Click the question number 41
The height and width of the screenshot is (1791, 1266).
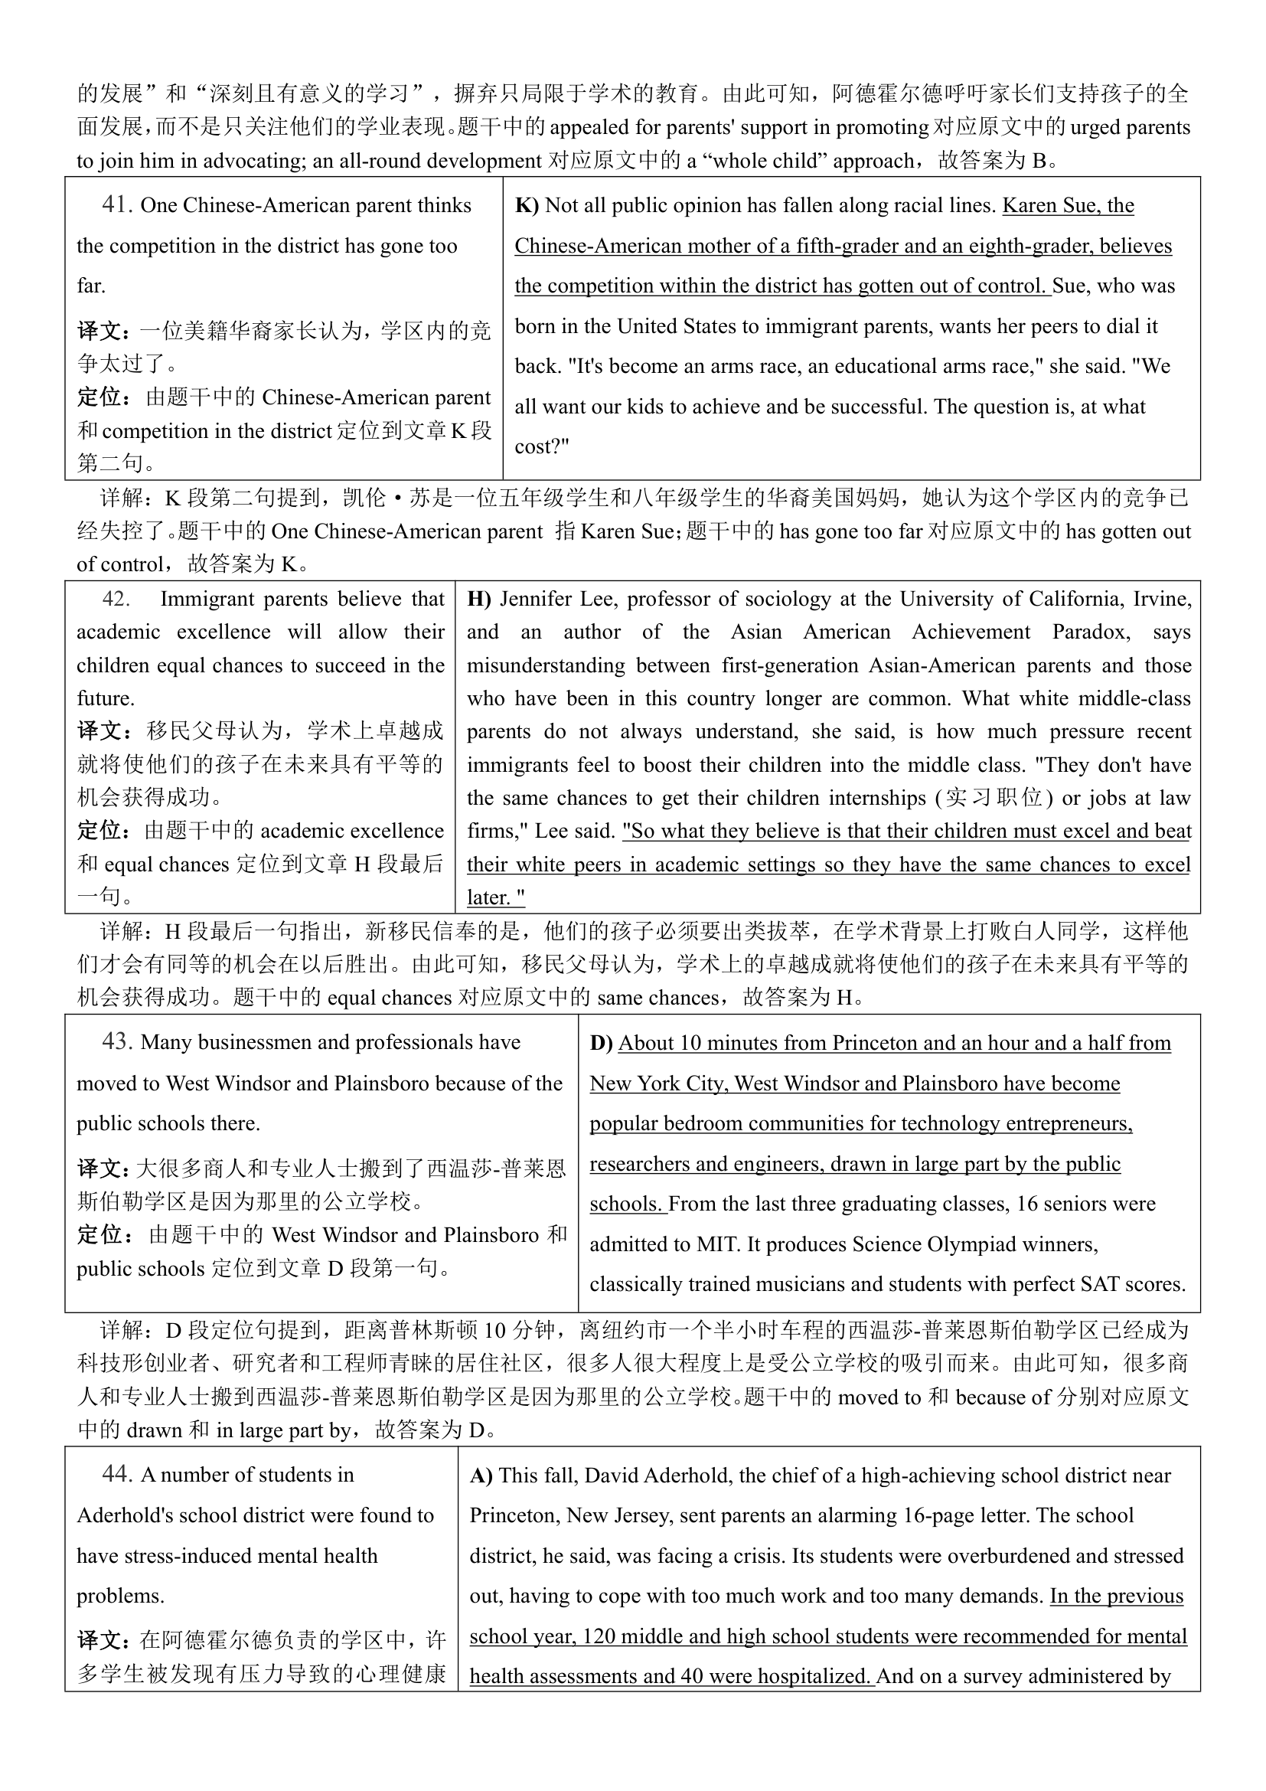click(x=117, y=204)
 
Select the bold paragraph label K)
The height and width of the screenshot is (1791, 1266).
click(x=527, y=205)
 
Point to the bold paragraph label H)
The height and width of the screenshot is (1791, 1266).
click(x=479, y=599)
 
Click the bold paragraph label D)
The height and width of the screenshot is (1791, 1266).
click(x=601, y=1043)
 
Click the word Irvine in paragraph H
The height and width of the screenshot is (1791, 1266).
click(x=1162, y=599)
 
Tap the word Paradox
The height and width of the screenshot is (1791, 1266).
click(x=1091, y=632)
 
